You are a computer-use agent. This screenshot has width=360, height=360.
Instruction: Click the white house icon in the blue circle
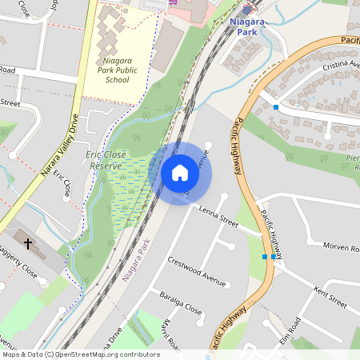click(180, 172)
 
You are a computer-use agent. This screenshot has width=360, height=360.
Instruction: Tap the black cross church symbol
click(28, 242)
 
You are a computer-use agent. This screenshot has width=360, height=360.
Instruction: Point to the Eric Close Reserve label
click(110, 159)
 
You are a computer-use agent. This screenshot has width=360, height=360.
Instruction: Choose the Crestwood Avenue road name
click(197, 270)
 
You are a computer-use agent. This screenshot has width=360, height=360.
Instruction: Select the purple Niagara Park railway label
click(136, 259)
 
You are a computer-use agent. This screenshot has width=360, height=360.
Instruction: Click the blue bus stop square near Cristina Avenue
click(276, 106)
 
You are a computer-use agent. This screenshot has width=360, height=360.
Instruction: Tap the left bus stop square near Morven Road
click(265, 257)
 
